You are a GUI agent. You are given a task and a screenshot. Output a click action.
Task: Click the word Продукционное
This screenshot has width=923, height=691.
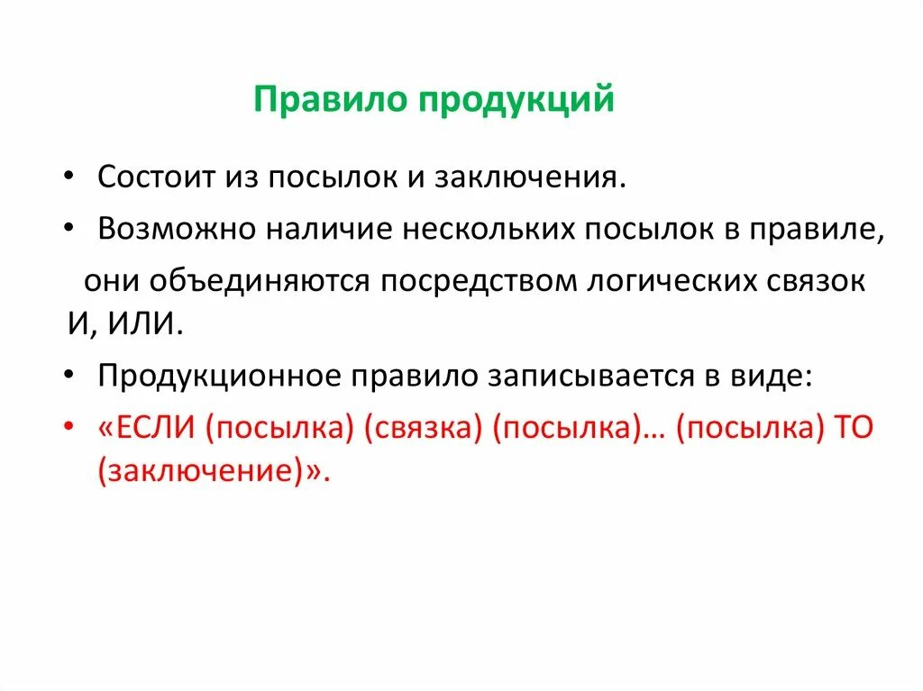(213, 376)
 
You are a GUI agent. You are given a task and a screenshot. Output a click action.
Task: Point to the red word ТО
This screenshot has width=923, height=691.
(853, 429)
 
